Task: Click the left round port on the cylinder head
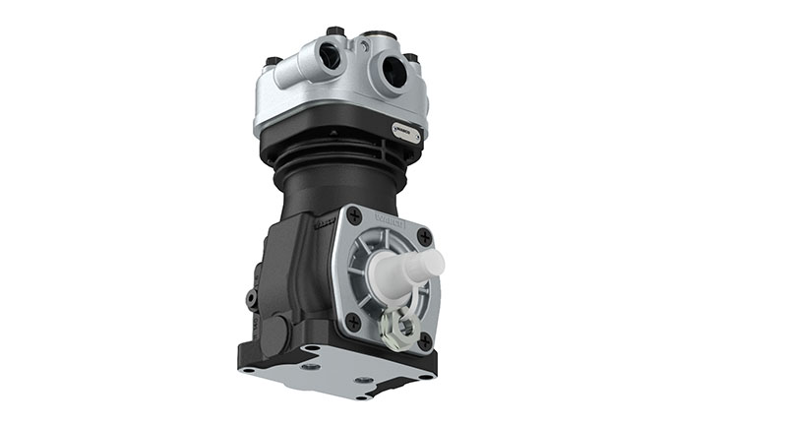tap(331, 58)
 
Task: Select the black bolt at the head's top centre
tap(335, 32)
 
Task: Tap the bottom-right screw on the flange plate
tap(424, 340)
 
